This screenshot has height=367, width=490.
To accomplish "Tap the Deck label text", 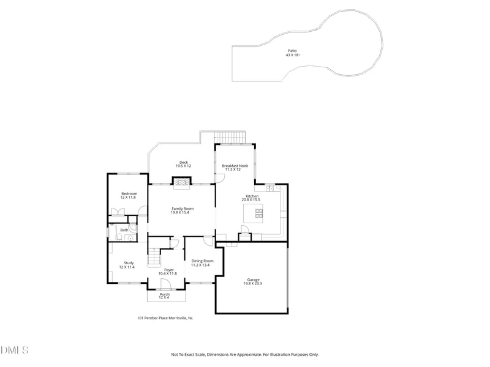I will click(x=184, y=162).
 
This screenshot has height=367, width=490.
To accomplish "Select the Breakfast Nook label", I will click(x=235, y=165).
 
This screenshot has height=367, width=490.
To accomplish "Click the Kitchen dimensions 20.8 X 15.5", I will click(x=251, y=200).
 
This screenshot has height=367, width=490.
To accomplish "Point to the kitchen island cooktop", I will click(x=258, y=213).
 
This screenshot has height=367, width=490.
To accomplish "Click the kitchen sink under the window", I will click(x=270, y=188).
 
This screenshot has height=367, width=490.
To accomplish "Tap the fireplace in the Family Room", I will click(x=181, y=182).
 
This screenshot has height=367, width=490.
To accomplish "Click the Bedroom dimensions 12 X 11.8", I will click(x=129, y=198).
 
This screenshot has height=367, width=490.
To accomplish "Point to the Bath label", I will click(x=124, y=230).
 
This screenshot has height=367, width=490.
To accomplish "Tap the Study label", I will click(x=129, y=263).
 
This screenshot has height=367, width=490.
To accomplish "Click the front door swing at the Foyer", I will click(x=165, y=284).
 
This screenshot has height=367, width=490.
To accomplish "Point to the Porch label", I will click(x=165, y=294).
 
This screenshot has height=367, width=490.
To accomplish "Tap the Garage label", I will click(x=253, y=280).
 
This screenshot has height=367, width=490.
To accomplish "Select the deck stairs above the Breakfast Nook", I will click(x=230, y=137).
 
